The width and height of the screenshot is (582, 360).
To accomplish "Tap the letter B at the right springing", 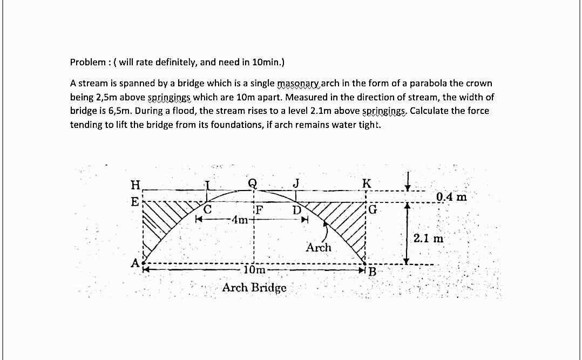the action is [372, 270].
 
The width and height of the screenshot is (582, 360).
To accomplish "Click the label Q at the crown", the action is [252, 183].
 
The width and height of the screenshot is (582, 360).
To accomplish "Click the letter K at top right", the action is [366, 182].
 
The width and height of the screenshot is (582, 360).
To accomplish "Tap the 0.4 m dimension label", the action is [451, 196].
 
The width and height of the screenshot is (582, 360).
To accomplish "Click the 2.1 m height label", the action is [428, 238].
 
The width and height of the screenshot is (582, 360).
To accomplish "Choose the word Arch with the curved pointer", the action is [319, 248].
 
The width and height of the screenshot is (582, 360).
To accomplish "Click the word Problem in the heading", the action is [87, 62].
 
